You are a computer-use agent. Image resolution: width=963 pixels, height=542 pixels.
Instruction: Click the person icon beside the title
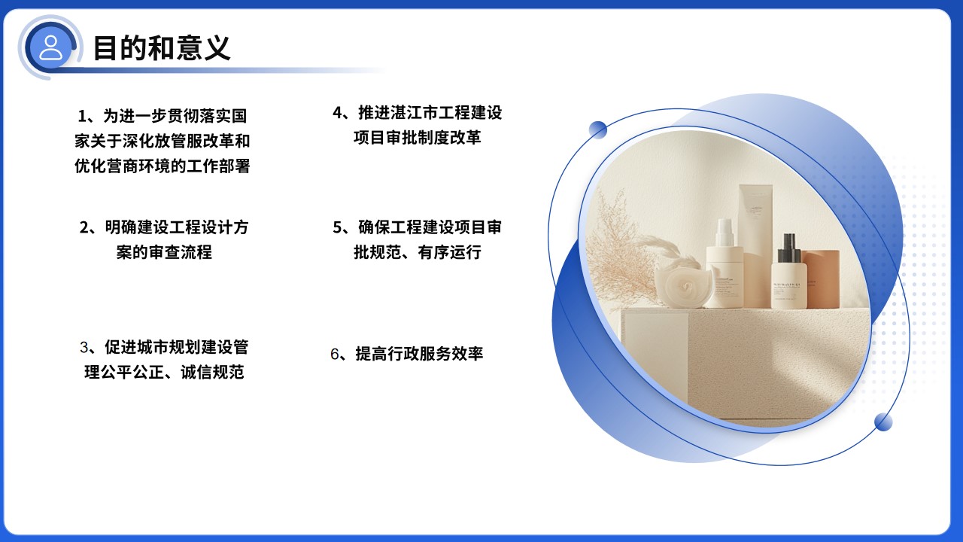point(51,47)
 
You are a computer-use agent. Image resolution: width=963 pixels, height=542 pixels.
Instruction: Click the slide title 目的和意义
point(161,47)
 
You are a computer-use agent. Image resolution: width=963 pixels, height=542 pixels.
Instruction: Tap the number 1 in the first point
point(83,116)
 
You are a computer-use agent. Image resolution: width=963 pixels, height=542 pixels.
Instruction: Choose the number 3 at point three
point(84,348)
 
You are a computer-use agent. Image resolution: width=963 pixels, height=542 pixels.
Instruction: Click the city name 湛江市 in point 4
point(407,113)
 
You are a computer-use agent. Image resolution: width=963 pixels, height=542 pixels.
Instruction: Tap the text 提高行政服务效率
point(419,354)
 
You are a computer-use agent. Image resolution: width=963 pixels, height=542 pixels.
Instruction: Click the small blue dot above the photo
point(598,129)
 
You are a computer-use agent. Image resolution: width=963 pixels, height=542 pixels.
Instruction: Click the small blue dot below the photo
point(883,422)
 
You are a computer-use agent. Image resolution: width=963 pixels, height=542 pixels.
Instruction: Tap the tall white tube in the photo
point(755,226)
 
